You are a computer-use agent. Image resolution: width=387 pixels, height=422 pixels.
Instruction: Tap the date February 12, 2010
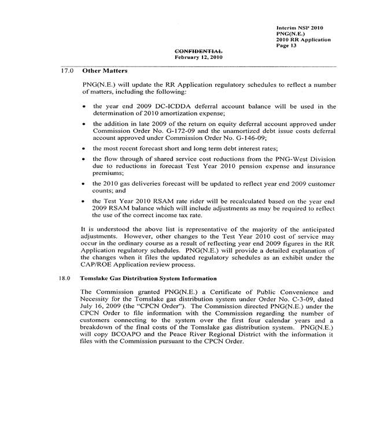[x=198, y=58]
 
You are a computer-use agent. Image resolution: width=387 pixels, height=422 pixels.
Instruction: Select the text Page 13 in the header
[x=286, y=46]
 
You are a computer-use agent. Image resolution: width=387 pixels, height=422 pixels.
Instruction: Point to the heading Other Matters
[x=105, y=71]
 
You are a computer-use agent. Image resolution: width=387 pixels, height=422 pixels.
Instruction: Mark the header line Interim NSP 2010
[x=300, y=28]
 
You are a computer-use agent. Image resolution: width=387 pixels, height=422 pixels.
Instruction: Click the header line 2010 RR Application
[x=304, y=40]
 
